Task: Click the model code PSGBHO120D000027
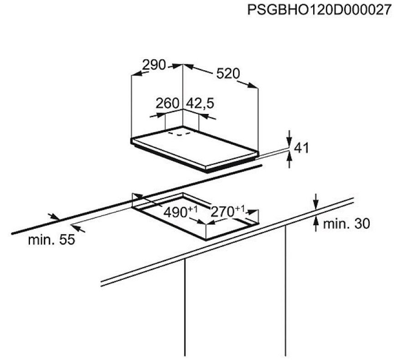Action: tap(319, 10)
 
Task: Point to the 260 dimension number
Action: tap(168, 103)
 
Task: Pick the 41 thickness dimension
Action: tap(301, 148)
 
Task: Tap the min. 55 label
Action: tap(51, 240)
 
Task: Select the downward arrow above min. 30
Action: tap(315, 201)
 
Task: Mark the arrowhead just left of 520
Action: tap(189, 68)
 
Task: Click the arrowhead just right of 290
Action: tap(176, 67)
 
